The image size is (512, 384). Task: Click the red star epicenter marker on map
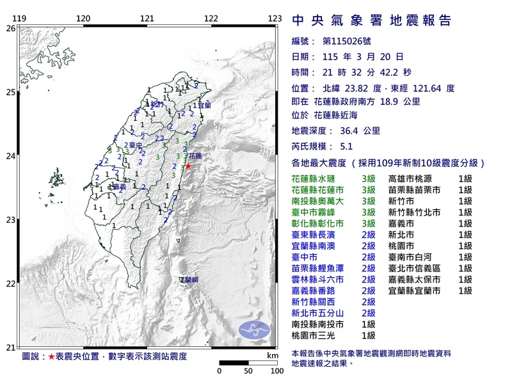(x=188, y=166)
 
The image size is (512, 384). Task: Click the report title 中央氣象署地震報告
(x=371, y=20)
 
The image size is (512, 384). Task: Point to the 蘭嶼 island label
(x=188, y=280)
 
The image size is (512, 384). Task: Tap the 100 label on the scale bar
(x=276, y=371)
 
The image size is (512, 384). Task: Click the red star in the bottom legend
(x=51, y=356)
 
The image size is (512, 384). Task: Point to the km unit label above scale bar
(x=272, y=355)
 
